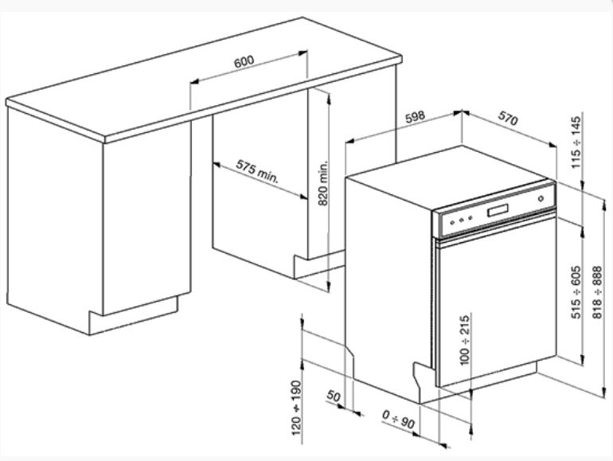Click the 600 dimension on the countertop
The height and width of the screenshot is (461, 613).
(244, 61)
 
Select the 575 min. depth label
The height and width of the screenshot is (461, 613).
(257, 171)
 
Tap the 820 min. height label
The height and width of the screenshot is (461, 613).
(323, 183)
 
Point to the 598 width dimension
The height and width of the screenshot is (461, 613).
(414, 116)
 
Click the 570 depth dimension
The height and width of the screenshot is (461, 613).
(508, 118)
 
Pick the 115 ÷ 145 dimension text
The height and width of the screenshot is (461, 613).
(576, 143)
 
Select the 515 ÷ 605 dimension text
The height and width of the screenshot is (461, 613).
(576, 292)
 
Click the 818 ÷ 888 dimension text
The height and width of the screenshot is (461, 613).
(597, 292)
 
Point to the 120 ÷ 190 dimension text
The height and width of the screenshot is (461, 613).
(296, 408)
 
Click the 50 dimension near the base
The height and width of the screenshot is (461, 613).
(334, 396)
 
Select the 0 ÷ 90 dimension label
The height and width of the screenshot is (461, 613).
(398, 419)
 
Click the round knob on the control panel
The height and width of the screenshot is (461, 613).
(541, 198)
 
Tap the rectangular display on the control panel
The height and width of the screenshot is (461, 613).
(498, 210)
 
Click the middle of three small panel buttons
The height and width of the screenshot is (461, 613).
(461, 220)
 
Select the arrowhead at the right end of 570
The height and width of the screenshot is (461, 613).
(552, 145)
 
